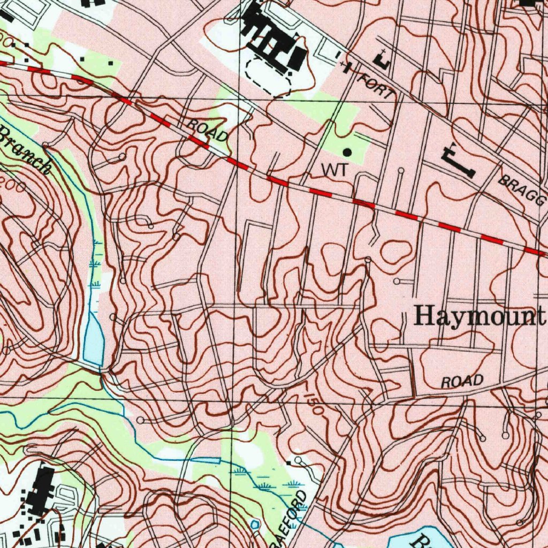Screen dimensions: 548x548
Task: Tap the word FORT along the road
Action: (378, 86)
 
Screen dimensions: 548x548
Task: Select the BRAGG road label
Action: (521, 191)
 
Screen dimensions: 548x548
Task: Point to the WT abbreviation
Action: (334, 170)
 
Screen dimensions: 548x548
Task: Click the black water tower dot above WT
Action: (347, 153)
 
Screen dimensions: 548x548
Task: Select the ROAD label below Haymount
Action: (462, 382)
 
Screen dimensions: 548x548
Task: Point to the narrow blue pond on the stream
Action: (205, 460)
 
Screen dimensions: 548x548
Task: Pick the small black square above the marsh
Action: (290, 461)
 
